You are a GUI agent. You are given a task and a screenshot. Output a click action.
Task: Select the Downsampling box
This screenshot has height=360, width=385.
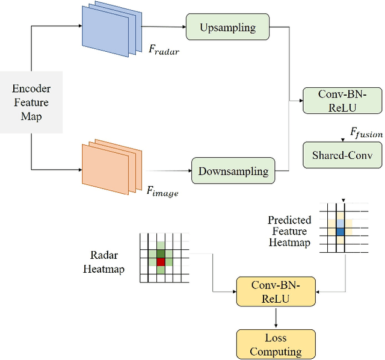click(233, 171)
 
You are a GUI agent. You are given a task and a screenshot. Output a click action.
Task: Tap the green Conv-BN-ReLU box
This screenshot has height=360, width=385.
click(342, 100)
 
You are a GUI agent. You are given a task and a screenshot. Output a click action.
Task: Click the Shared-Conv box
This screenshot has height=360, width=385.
click(342, 155)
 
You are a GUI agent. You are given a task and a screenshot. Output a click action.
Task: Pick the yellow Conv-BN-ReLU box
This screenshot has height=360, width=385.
click(275, 292)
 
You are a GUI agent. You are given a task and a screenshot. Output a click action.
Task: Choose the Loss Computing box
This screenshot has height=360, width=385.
click(275, 344)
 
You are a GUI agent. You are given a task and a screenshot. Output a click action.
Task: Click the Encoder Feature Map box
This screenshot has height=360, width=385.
click(31, 103)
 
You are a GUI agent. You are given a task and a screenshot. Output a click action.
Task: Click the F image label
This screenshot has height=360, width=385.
click(162, 191)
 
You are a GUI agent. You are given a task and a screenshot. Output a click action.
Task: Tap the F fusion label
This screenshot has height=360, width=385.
click(366, 134)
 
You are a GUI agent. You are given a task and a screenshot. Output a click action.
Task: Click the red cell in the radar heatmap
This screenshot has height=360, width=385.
click(161, 262)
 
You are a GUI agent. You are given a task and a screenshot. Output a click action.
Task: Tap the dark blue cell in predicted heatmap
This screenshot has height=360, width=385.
click(341, 231)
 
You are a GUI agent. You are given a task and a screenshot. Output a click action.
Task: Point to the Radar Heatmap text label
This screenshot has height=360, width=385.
click(103, 262)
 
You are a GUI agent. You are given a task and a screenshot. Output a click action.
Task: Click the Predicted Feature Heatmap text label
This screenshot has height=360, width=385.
click(289, 231)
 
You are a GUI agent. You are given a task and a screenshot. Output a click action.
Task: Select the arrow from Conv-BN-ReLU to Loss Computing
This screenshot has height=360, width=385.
click(275, 318)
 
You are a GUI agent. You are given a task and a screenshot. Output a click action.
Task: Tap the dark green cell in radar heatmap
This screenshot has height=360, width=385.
click(161, 253)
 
